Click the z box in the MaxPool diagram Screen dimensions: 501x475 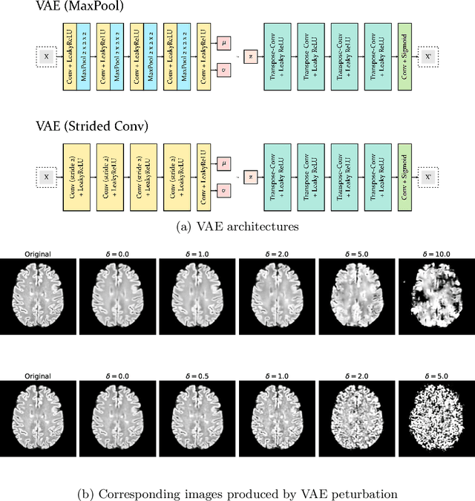(x=252, y=54)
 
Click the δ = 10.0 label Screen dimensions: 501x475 (x=433, y=254)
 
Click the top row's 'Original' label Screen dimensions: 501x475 (x=36, y=254)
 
